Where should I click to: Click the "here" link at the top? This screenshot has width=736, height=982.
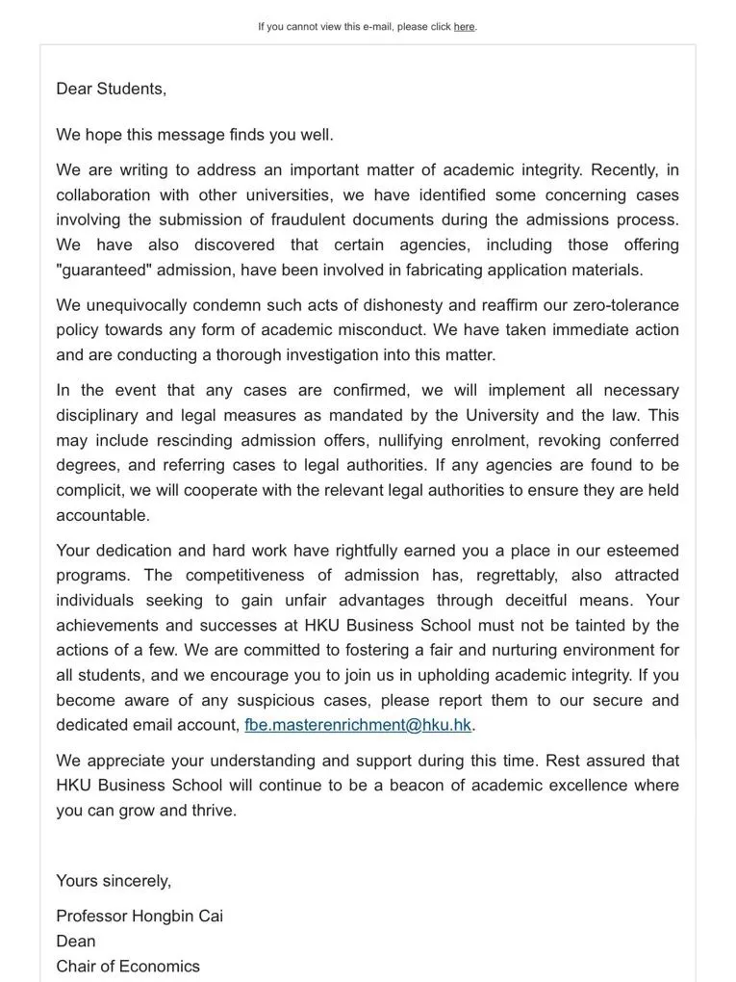pyautogui.click(x=464, y=27)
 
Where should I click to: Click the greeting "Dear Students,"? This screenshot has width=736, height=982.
pyautogui.click(x=111, y=89)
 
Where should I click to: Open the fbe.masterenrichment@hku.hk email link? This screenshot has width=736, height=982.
pyautogui.click(x=358, y=725)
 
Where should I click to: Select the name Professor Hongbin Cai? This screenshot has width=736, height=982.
pyautogui.click(x=140, y=916)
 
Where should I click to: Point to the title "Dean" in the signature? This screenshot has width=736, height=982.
pyautogui.click(x=76, y=941)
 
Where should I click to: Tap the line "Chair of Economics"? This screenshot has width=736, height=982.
pyautogui.click(x=128, y=966)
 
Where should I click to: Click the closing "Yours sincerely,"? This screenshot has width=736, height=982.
pyautogui.click(x=114, y=880)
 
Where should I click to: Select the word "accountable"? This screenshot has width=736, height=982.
pyautogui.click(x=103, y=515)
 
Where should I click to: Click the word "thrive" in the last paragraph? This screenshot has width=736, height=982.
pyautogui.click(x=214, y=810)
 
